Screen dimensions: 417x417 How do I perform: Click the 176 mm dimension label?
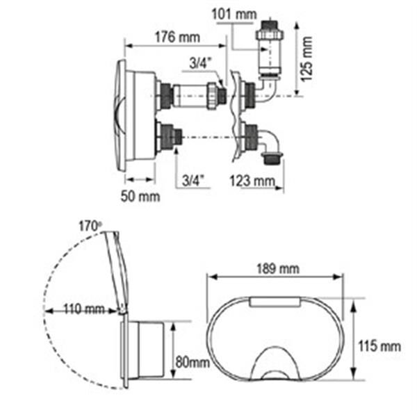pyautogui.click(x=177, y=38)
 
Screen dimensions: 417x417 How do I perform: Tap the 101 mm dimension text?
pyautogui.click(x=234, y=14)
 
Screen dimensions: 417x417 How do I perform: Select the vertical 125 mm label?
pyautogui.click(x=306, y=59)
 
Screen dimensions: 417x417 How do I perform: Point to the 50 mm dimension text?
pyautogui.click(x=140, y=197)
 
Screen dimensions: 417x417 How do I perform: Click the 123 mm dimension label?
pyautogui.click(x=252, y=181)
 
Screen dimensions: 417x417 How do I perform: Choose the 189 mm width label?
pyautogui.click(x=278, y=268)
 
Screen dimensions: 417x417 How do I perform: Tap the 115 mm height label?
pyautogui.click(x=379, y=346)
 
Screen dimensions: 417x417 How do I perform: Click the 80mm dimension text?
pyautogui.click(x=193, y=362)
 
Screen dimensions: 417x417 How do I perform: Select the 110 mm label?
pyautogui.click(x=84, y=309)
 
